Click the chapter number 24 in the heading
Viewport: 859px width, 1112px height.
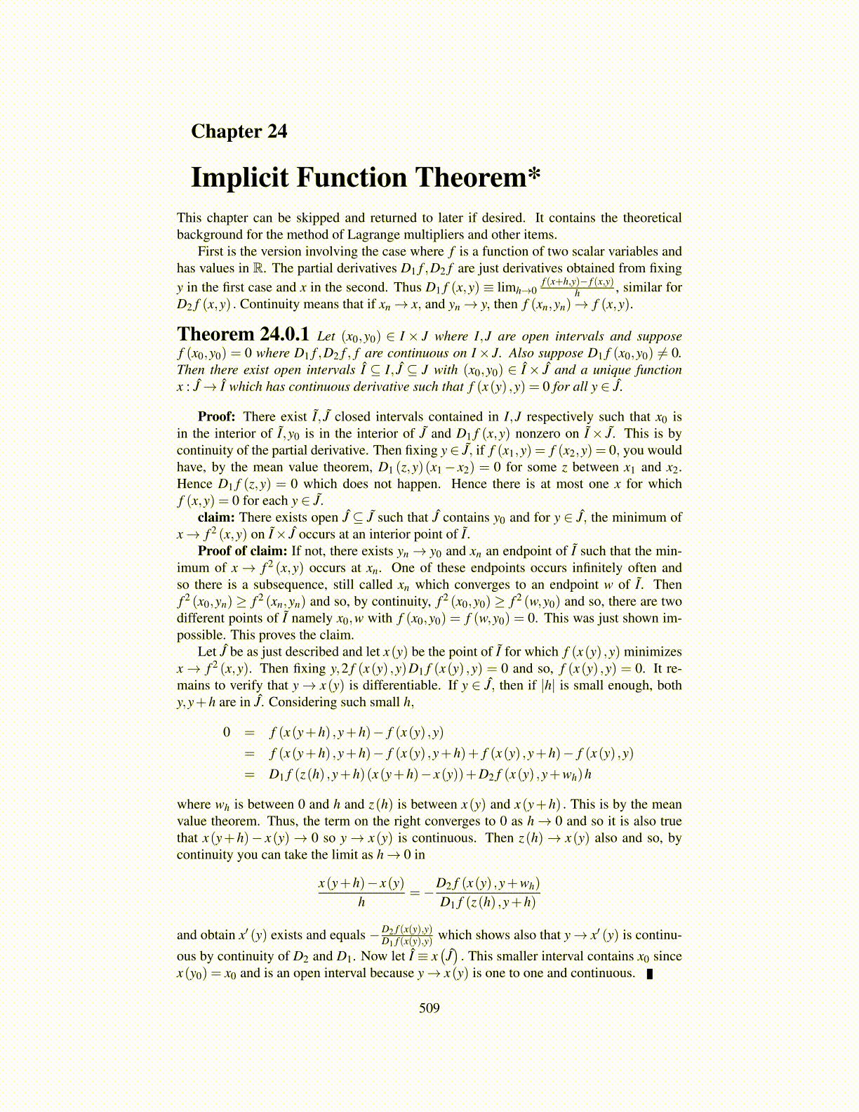tap(277, 131)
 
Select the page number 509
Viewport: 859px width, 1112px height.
tap(429, 1008)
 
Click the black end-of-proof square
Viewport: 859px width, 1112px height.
tap(649, 974)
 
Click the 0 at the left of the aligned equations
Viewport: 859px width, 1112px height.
tap(226, 732)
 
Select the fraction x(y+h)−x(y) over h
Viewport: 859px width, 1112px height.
tap(361, 892)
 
